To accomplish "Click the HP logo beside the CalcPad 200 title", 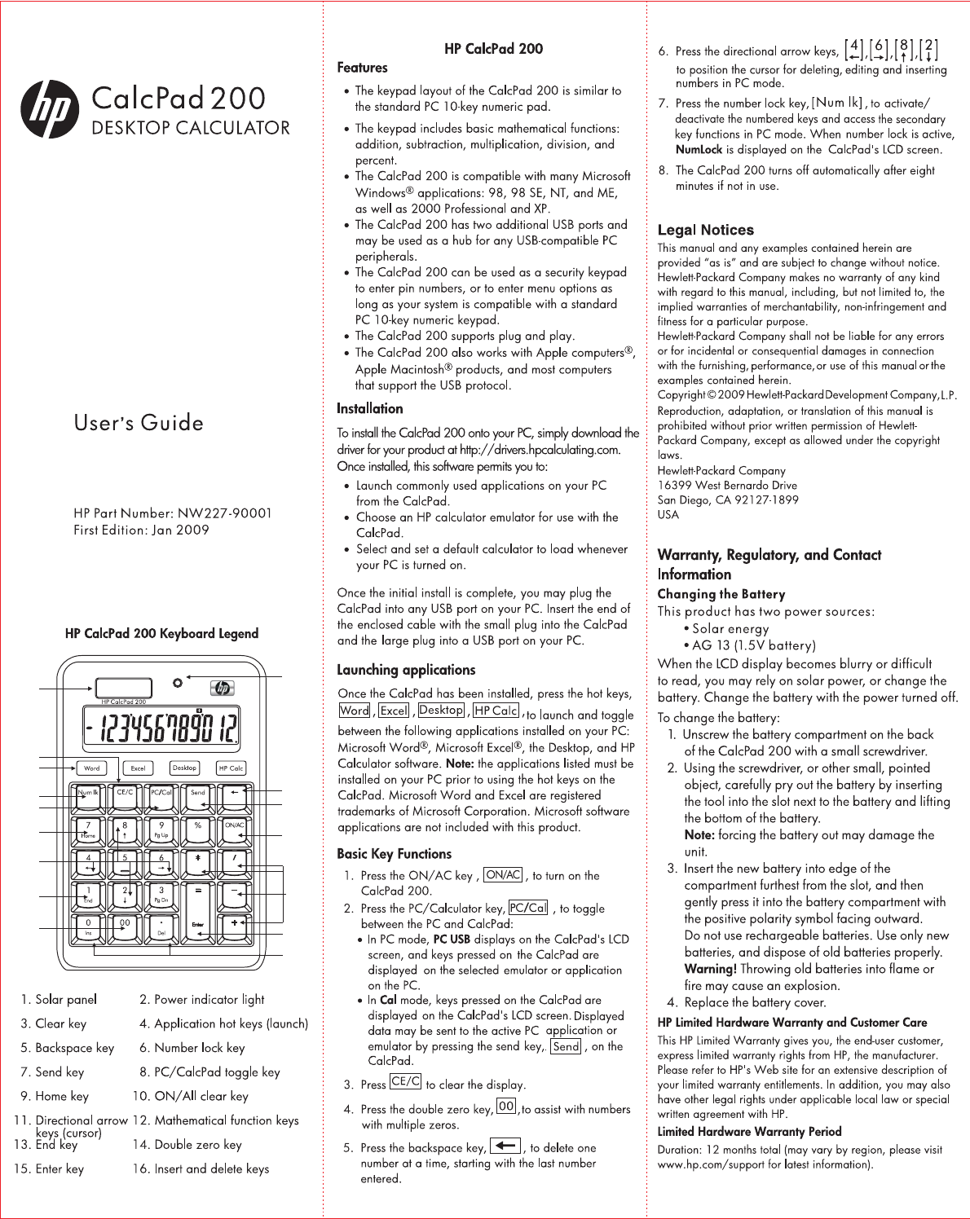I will click(50, 110).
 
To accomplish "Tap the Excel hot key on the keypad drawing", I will click(138, 768).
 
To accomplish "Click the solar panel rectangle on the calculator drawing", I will click(123, 688).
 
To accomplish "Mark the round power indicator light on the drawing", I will click(177, 681).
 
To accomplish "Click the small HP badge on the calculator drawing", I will click(221, 689).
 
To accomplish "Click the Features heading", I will click(362, 68).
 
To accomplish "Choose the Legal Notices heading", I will click(705, 230).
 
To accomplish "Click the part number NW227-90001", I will click(225, 513).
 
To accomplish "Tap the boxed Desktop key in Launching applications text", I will click(441, 711).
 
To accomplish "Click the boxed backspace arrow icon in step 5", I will click(505, 1146).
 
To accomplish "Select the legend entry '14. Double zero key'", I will click(187, 1145).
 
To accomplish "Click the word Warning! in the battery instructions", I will click(710, 969).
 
